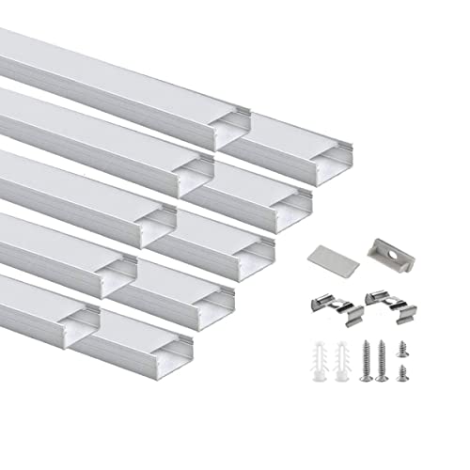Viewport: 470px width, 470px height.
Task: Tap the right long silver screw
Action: pos(380,362)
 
